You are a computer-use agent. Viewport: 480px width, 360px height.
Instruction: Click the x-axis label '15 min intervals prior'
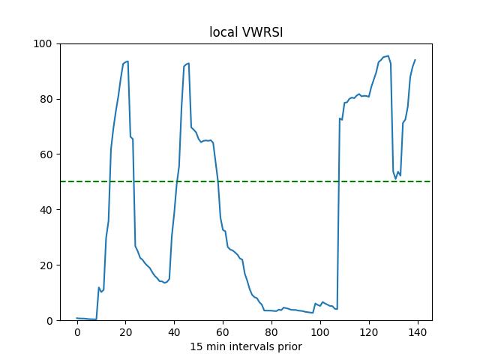tap(245, 346)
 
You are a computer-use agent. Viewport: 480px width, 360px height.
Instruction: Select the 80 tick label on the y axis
tap(46, 99)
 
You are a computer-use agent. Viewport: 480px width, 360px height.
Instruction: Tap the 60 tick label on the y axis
tap(46, 154)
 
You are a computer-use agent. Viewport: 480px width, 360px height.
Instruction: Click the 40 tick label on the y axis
tap(46, 210)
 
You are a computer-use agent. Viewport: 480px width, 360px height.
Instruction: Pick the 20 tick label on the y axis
tap(46, 265)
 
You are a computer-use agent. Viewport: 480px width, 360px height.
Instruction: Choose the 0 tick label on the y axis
tap(49, 321)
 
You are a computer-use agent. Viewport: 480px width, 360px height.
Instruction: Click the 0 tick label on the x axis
tap(77, 332)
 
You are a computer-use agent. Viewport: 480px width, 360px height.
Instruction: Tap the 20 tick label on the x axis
tap(126, 332)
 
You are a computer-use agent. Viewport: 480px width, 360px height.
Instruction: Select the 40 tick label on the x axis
tap(175, 332)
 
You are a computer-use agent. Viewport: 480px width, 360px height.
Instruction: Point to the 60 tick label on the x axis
tap(223, 332)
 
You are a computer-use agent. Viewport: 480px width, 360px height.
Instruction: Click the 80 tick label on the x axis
tap(271, 332)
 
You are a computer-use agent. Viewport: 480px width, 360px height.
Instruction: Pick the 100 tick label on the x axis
tap(320, 332)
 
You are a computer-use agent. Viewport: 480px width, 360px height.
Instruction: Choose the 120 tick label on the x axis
tap(369, 332)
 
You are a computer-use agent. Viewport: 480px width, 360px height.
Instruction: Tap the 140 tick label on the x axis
tap(418, 332)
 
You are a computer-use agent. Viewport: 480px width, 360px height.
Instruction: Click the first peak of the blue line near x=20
tap(127, 61)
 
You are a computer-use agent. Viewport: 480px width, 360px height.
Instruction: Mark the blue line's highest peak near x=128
tap(388, 55)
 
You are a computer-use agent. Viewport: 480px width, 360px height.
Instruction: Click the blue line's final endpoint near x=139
tap(415, 60)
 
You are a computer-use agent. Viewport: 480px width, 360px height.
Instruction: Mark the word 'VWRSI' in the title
tap(259, 33)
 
